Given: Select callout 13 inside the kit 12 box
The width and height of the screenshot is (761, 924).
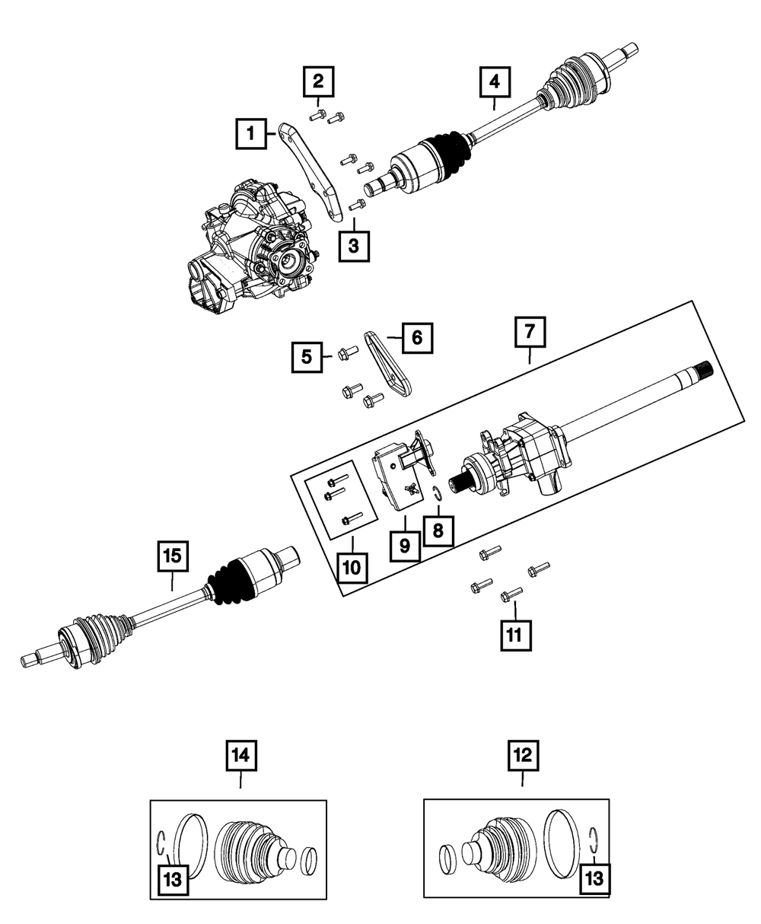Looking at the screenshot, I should tap(595, 880).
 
